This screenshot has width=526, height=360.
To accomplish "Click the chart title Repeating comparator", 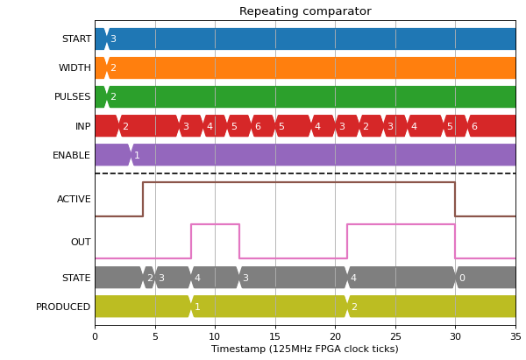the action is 305,11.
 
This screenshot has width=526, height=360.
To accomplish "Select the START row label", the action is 76,39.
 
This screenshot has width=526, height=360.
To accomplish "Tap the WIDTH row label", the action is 75,67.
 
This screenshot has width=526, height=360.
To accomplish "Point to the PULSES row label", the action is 73,96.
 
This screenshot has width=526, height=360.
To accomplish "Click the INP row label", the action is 83,126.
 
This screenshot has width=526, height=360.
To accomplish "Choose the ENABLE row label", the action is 72,155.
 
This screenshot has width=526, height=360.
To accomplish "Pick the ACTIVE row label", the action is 74,199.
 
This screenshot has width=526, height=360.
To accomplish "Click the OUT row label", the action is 81,242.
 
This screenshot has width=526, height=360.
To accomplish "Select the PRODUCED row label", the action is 63,307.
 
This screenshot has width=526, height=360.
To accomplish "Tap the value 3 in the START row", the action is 113,39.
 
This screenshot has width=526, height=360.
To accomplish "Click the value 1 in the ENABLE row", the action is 137,155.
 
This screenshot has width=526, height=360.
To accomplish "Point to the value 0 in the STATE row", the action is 462,278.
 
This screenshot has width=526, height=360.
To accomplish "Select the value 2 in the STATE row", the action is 150,278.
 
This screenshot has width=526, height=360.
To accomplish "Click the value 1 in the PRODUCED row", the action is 197,307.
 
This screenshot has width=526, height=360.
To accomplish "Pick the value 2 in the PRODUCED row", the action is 354,307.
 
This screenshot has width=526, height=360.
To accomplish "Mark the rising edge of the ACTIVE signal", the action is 143,200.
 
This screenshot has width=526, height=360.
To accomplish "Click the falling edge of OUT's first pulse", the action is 239,242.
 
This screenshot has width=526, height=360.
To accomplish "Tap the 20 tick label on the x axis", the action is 335,336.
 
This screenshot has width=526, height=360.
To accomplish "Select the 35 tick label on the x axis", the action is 515,336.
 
